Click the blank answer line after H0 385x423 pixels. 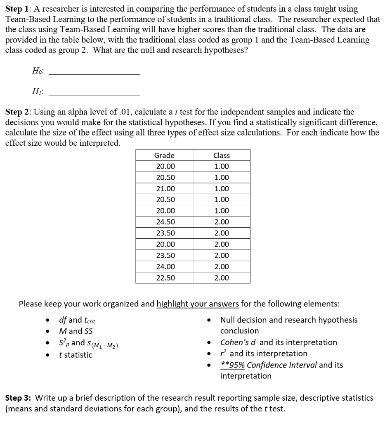click(x=94, y=74)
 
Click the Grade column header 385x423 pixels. click(x=164, y=155)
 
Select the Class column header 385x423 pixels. click(x=222, y=155)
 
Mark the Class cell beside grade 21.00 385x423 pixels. click(x=222, y=188)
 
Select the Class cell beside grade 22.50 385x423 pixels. click(x=222, y=278)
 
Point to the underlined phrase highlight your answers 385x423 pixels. click(x=198, y=304)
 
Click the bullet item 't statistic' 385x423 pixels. click(x=76, y=355)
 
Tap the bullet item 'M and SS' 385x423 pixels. click(x=76, y=331)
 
